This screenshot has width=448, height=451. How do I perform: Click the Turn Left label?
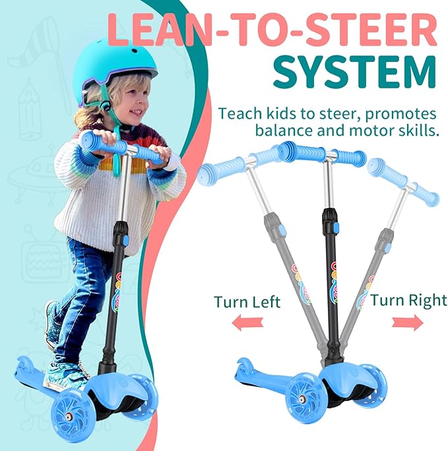tap(247, 303)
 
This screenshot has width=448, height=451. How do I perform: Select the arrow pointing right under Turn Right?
tap(407, 322)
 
